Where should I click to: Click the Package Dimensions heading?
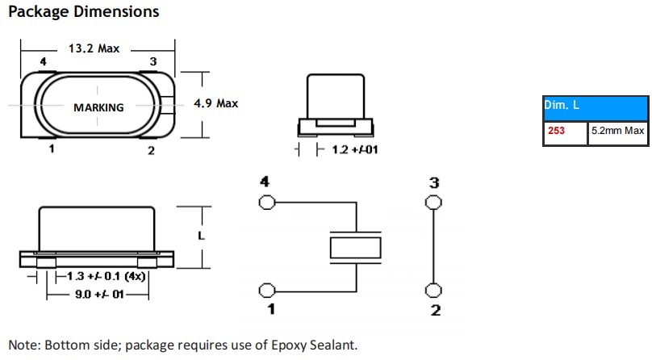pos(83,12)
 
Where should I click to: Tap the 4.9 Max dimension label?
pos(216,103)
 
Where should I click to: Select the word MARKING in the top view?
pos(98,107)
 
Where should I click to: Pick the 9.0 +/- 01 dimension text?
pos(98,295)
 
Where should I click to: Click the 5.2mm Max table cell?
pos(617,131)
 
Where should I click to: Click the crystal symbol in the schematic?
pos(355,247)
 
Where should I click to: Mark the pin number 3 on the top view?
pos(153,62)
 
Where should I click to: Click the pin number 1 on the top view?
pos(52,149)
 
